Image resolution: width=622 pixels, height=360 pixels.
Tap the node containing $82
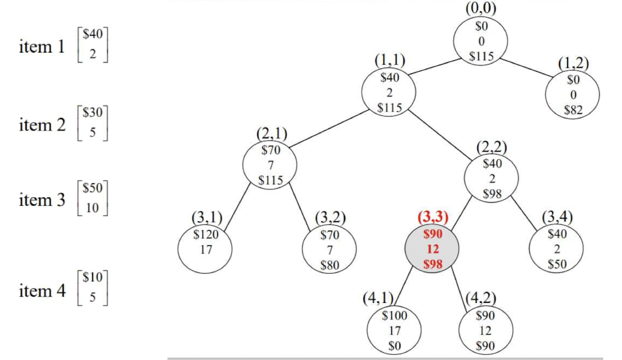[x=573, y=94]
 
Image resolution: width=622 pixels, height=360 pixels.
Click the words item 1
[x=42, y=47]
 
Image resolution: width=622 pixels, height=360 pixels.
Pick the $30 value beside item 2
[x=92, y=112]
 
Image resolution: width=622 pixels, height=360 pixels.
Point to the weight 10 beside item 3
[x=92, y=207]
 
